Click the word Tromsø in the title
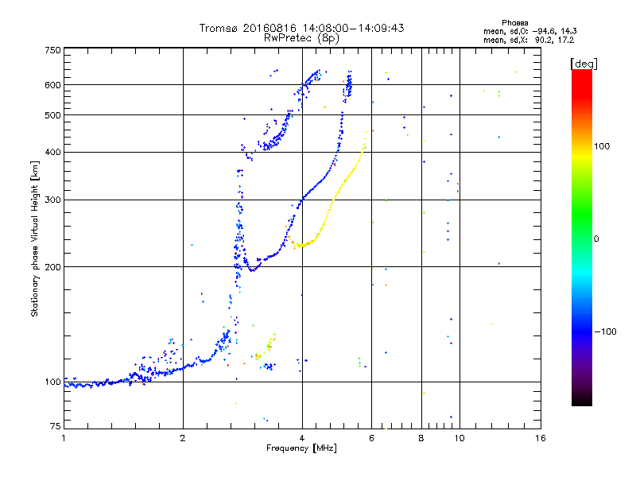click(219, 28)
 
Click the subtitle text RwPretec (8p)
click(301, 38)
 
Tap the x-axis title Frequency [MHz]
click(301, 448)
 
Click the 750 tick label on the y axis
click(52, 50)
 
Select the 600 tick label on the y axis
click(52, 85)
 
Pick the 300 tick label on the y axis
click(52, 200)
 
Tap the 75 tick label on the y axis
click(56, 426)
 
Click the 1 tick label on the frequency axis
click(64, 438)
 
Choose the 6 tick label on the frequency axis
click(371, 438)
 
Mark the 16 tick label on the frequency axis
click(541, 438)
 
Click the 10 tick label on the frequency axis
click(460, 438)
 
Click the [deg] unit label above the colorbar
click(584, 64)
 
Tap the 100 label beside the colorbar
click(602, 146)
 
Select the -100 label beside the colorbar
click(605, 332)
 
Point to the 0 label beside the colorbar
click(596, 239)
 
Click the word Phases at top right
click(514, 23)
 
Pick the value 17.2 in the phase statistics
click(566, 40)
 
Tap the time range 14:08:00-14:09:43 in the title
click(353, 28)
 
